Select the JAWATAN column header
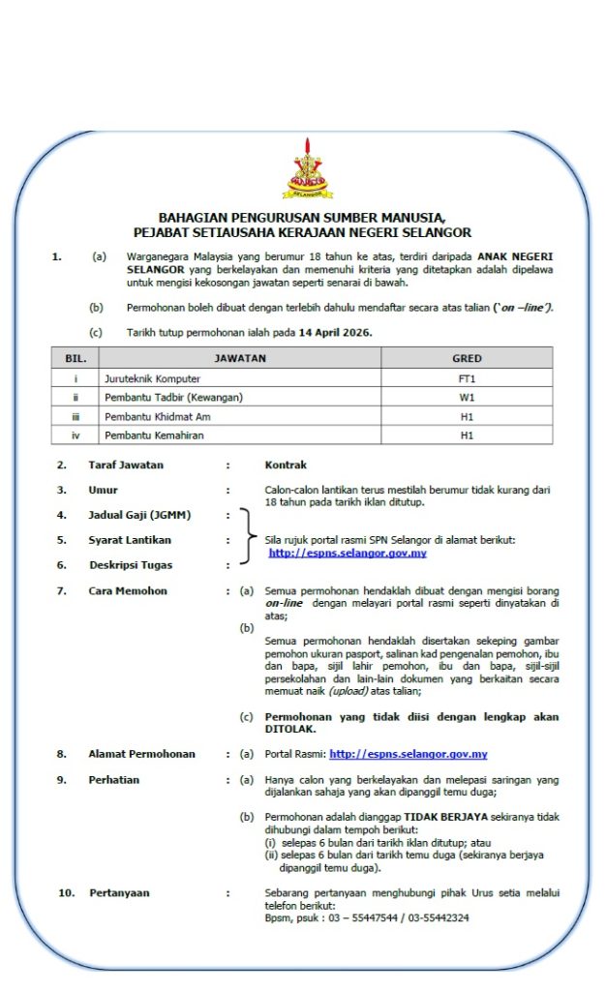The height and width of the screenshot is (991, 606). coord(240,358)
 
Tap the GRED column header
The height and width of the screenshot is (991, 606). coord(467,358)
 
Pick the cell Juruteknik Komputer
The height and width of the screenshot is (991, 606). coord(152,377)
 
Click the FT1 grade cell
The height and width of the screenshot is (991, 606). coord(467,377)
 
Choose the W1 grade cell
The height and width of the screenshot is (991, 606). coord(467,397)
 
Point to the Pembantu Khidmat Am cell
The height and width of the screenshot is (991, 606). coord(157,416)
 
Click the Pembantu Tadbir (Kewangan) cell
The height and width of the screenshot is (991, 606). coord(173,397)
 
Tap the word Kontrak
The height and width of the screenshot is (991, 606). coord(286,465)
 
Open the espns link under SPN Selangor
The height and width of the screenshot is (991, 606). coord(348,553)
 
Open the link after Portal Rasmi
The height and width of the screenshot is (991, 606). coord(408,754)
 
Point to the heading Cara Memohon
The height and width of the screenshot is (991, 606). coord(128,590)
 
